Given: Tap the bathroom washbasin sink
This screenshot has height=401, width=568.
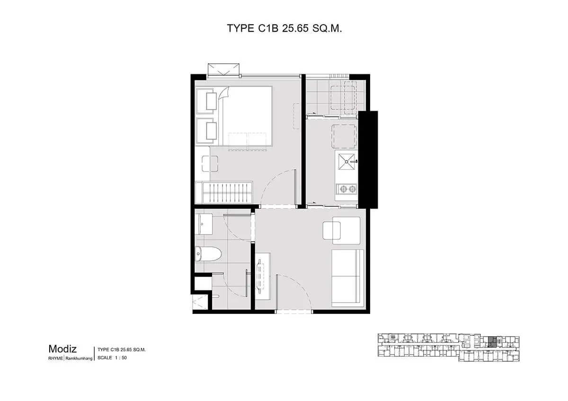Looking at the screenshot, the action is (x=204, y=224).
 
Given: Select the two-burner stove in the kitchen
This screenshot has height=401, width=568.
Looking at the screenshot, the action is (x=346, y=189).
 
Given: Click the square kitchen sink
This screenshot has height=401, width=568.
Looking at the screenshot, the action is (x=346, y=162).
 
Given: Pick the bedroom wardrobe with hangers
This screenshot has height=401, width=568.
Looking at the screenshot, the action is (x=224, y=192).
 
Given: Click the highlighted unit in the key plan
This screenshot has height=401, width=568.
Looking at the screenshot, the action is (x=492, y=342).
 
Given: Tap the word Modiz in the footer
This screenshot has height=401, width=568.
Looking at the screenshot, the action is (x=62, y=349).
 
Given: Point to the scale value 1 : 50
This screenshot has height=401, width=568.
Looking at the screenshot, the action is (x=121, y=357).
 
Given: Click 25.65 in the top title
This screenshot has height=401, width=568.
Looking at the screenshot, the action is (x=295, y=28).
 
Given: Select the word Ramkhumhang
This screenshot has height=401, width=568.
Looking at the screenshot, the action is (x=79, y=358).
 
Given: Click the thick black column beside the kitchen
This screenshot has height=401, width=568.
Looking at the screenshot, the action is (x=368, y=159).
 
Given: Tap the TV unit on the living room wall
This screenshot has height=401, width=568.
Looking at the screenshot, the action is (x=263, y=276).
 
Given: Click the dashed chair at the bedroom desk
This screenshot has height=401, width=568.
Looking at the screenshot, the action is (x=210, y=164).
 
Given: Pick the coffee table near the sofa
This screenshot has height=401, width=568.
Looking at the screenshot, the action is (x=332, y=230).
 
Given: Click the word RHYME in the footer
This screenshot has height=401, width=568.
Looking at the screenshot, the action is (x=55, y=358).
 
